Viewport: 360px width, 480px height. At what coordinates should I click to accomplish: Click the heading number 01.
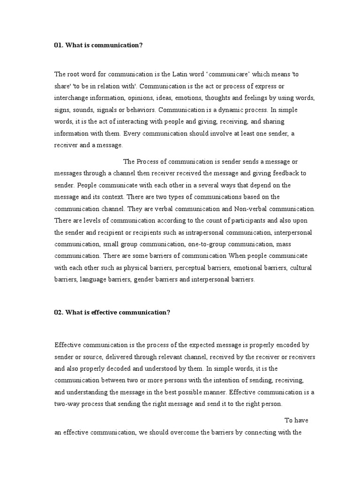click(x=59, y=45)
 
